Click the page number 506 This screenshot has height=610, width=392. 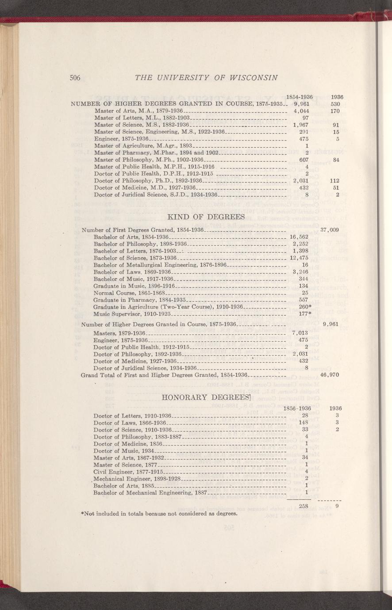coord(74,78)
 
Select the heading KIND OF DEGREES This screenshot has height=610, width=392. coord(207,217)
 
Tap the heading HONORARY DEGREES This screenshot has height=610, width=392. coord(201,396)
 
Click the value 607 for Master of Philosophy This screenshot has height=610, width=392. coord(304,160)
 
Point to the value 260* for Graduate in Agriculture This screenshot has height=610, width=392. coord(304,307)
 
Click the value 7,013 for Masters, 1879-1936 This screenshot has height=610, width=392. coord(300,332)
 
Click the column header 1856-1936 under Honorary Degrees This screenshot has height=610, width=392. coord(297,408)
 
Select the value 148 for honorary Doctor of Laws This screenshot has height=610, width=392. coord(304,423)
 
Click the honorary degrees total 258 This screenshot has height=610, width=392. coord(304,506)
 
